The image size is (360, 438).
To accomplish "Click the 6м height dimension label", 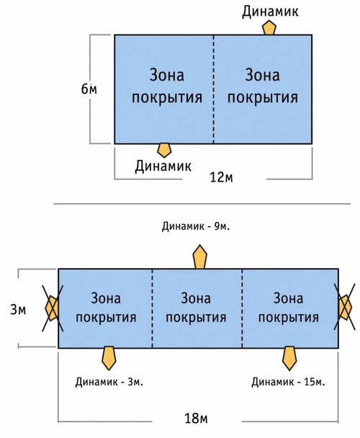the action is (89, 89).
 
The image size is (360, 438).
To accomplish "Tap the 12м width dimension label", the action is (221, 176).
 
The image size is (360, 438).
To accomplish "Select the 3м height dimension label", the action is (18, 310).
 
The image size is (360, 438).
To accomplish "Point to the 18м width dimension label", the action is (196, 418).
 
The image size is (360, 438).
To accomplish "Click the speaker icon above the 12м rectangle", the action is (269, 28).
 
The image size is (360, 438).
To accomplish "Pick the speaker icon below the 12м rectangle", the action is (164, 151).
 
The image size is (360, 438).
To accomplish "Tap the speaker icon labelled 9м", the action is (199, 256).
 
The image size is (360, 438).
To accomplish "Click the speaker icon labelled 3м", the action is (109, 358).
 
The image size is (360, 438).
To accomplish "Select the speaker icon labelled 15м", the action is (289, 358).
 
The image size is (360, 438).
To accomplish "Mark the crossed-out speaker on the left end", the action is (53, 308).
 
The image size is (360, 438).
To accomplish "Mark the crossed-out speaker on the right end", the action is (345, 307).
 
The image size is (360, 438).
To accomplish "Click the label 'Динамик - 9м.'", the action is (196, 226).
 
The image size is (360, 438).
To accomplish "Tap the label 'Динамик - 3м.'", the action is (109, 382).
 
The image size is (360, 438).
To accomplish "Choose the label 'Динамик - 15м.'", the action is (288, 382).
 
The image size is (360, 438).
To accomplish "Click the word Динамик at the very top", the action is (270, 12).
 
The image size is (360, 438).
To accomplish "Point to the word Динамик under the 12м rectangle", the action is (163, 166).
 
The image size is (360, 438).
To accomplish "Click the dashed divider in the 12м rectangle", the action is (214, 89).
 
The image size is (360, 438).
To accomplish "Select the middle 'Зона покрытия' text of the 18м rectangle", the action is (196, 308).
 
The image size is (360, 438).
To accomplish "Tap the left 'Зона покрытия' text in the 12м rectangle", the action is (167, 86).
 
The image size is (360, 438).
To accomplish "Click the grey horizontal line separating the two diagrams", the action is (202, 204).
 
